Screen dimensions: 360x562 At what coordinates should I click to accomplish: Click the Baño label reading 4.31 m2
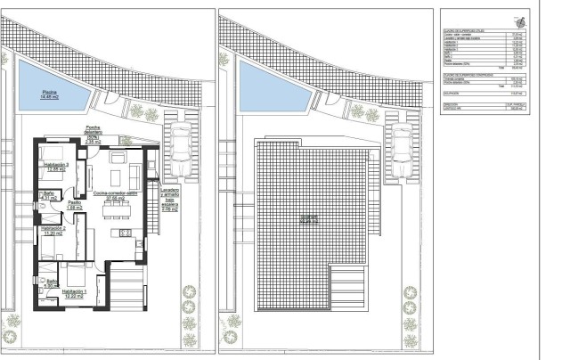pos(49,195)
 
